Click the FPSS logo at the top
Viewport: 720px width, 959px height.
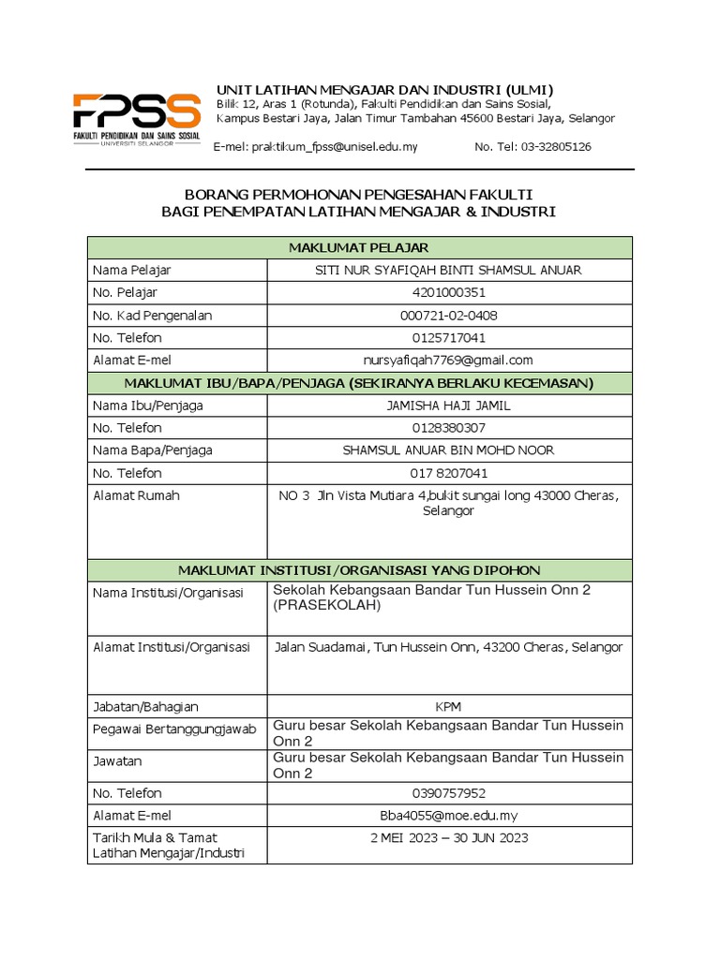coord(137,118)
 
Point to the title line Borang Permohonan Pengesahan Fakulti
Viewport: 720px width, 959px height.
coord(359,194)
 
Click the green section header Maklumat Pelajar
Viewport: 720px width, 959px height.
coord(359,247)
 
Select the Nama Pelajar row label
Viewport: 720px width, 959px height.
coord(132,271)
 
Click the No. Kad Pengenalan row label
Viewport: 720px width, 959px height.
coord(153,316)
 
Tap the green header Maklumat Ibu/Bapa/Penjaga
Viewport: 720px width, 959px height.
coord(359,383)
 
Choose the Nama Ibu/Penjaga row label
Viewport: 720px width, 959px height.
coord(148,406)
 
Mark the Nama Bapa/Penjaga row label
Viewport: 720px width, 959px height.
coord(153,450)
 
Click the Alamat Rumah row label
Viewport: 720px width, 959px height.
coord(136,495)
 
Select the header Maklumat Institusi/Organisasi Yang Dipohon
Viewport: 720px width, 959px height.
coord(359,570)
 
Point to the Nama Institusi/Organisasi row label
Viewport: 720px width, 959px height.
coord(168,594)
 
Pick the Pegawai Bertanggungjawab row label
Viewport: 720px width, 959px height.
coord(173,730)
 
